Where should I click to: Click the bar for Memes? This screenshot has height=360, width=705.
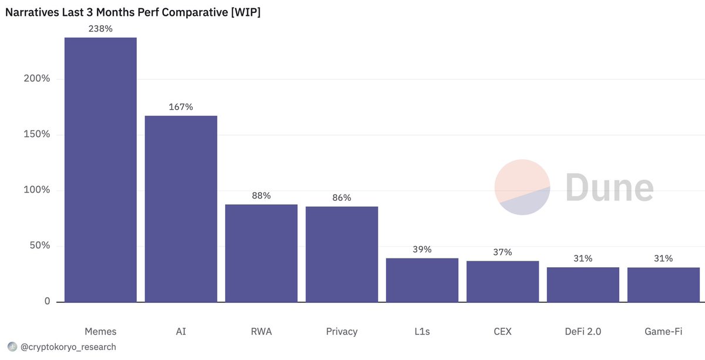[x=100, y=170]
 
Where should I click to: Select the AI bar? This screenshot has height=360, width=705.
[x=181, y=208]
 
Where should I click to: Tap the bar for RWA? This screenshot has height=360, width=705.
[x=261, y=253]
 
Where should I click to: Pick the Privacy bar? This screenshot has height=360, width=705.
[x=342, y=254]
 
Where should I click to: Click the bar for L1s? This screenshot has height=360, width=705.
[x=422, y=280]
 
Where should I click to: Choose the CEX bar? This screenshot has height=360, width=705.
[x=502, y=281]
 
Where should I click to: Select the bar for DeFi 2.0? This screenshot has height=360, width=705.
[x=583, y=285]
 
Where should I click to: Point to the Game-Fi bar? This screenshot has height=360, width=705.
[x=663, y=285]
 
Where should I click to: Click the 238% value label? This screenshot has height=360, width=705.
[x=100, y=29]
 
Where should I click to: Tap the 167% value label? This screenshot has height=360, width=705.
[x=181, y=107]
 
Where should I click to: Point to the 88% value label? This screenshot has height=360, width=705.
[x=261, y=196]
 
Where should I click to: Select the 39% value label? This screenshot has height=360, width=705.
[x=422, y=250]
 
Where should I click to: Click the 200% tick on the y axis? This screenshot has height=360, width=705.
[x=36, y=79]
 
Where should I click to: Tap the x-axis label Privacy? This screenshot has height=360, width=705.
[x=342, y=332]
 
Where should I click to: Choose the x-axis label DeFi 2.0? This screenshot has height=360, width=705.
[x=583, y=332]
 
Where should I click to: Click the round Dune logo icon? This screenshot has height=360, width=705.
[x=522, y=187]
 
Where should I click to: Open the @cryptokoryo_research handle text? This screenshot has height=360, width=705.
[x=68, y=347]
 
